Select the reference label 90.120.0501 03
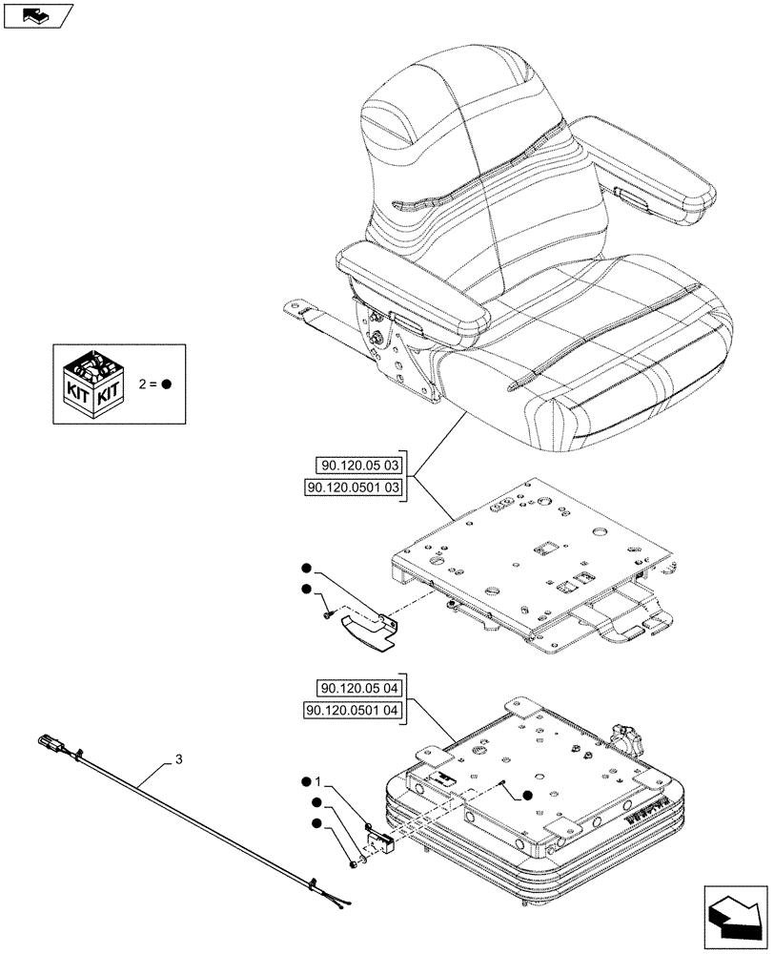[x=354, y=487]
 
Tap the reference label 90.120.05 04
[x=360, y=689]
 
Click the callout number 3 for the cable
[x=177, y=760]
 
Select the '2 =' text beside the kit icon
[x=148, y=384]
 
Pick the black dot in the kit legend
[x=166, y=384]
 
